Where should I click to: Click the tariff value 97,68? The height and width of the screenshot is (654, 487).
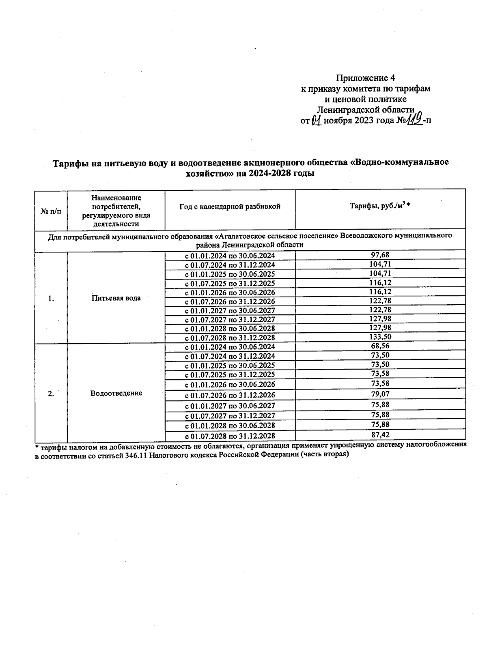[x=380, y=255]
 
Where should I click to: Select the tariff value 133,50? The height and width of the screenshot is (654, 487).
[x=380, y=337]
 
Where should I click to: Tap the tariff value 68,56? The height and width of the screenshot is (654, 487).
[x=380, y=346]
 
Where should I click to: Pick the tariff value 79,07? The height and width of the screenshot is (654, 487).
[x=380, y=394]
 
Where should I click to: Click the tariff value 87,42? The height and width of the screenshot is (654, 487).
[x=380, y=435]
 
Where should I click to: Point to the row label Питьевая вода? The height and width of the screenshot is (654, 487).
[x=116, y=298]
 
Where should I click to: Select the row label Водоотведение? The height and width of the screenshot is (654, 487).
[x=116, y=393]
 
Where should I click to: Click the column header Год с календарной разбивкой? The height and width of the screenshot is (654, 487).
[x=230, y=207]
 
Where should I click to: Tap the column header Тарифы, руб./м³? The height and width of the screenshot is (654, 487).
[x=380, y=206]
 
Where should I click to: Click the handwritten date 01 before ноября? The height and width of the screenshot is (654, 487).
[x=316, y=120]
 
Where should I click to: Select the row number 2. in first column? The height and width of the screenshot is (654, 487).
[x=51, y=394]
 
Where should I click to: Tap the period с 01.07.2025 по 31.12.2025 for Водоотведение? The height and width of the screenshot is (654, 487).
[x=230, y=374]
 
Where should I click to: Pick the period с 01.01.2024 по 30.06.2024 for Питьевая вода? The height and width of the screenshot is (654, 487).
[x=230, y=256]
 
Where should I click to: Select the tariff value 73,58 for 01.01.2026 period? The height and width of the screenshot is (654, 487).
[x=380, y=383]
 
